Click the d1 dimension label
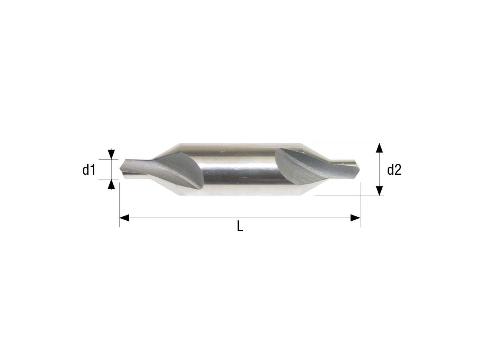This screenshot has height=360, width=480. coord(89,170)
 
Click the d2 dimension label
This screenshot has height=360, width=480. coord(394,170)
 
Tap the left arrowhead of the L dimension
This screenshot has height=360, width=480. coord(124,218)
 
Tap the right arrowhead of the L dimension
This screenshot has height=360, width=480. coord(355,218)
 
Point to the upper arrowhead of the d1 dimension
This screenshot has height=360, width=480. coord(112,154)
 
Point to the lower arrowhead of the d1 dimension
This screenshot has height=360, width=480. coord(112,184)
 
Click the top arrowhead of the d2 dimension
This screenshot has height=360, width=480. coord(380,148)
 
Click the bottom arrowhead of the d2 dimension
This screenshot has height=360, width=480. coord(380,191)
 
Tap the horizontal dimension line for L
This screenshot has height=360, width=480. coord(240,218)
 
